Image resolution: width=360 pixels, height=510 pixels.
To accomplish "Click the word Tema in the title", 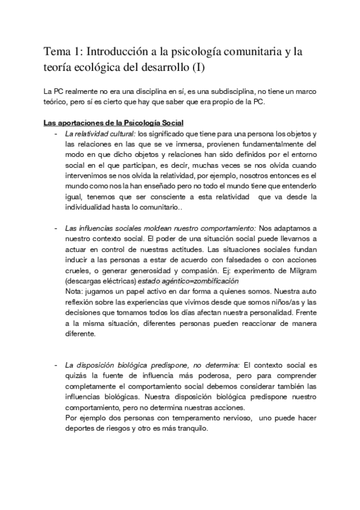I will (58, 52).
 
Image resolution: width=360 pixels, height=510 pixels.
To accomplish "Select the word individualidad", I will (91, 206).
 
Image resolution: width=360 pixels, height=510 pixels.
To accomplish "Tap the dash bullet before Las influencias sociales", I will (56, 229).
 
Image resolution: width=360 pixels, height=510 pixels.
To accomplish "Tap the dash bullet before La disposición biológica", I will (56, 364).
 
